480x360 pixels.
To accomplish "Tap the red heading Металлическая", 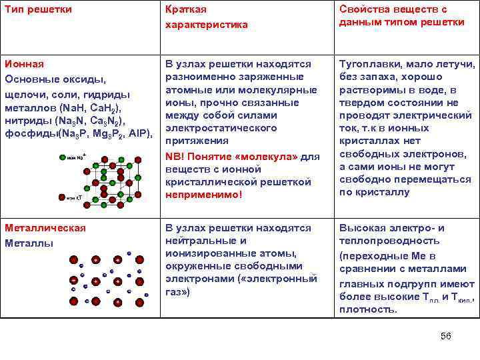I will coord(45,228).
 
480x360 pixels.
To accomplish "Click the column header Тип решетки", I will coord(38,10).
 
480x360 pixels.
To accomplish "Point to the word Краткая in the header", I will coord(186,10).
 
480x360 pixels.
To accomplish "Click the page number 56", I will coord(446,336).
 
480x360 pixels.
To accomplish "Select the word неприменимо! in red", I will coord(203,195).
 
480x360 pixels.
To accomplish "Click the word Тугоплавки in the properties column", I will coord(370,64).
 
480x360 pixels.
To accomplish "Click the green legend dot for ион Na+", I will coord(62,158).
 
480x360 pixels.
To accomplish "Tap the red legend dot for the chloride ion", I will coord(62,197).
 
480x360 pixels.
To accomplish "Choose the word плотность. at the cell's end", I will coord(368,309).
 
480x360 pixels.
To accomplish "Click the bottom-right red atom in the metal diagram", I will coord(139,302).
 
